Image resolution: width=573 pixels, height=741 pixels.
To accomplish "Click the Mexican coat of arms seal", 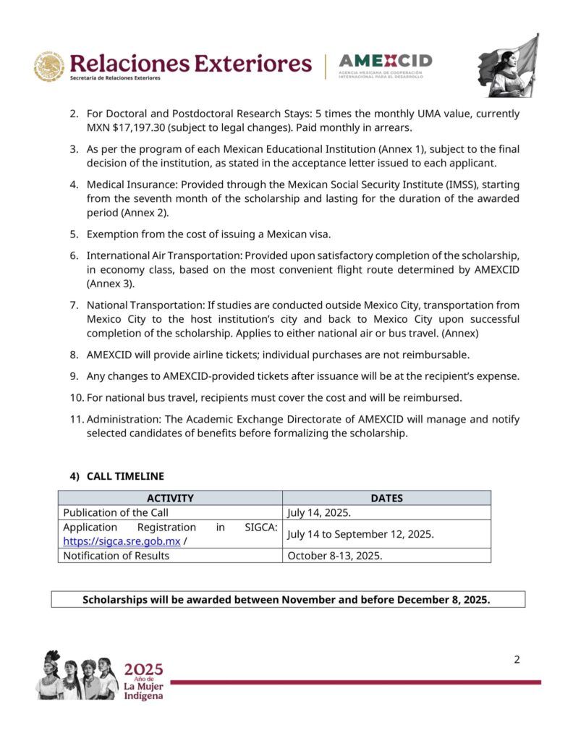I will pyautogui.click(x=49, y=67).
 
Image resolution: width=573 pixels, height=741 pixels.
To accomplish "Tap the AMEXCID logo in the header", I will pyautogui.click(x=385, y=66).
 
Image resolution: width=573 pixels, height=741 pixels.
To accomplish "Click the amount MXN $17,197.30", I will pyautogui.click(x=133, y=128).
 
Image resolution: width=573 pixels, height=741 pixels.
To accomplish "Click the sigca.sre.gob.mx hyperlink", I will pyautogui.click(x=122, y=541).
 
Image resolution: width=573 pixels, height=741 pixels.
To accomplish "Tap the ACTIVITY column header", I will pyautogui.click(x=170, y=498).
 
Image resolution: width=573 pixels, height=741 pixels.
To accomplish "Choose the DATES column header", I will pyautogui.click(x=386, y=498).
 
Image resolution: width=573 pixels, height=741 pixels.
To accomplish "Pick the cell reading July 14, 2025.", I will pyautogui.click(x=319, y=512).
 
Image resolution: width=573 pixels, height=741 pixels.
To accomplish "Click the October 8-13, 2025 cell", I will pyautogui.click(x=335, y=556).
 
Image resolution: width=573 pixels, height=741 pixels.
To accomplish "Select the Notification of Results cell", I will pyautogui.click(x=116, y=556).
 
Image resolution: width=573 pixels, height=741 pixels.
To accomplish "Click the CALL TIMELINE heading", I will pyautogui.click(x=125, y=476).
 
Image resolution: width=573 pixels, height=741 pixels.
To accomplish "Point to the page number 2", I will pyautogui.click(x=517, y=659).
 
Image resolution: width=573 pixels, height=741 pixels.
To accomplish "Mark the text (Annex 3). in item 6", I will pyautogui.click(x=109, y=284).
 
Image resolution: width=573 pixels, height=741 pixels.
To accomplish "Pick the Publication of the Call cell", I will pyautogui.click(x=116, y=512).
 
